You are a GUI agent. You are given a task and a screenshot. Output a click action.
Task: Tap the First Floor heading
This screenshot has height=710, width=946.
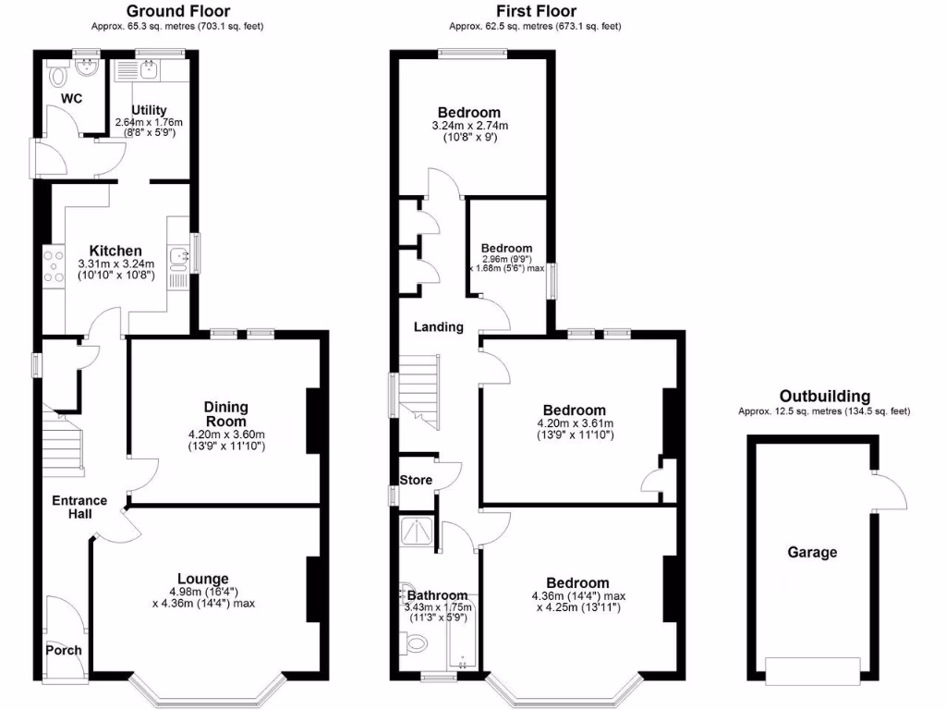click(x=535, y=11)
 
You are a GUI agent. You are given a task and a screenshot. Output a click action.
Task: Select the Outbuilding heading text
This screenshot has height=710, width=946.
click(x=823, y=396)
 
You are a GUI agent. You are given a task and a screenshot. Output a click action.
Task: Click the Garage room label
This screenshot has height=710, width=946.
click(x=812, y=553)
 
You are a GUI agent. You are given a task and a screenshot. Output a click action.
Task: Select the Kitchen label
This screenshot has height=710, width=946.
click(x=115, y=251)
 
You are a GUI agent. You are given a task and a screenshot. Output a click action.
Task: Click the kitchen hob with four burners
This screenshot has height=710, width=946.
click(x=52, y=267)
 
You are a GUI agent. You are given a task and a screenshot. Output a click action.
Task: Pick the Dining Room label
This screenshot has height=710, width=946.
click(x=225, y=413)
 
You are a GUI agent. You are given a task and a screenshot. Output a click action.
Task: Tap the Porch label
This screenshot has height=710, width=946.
click(x=64, y=650)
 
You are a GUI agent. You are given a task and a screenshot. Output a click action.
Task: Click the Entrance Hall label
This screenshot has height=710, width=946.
click(x=79, y=508)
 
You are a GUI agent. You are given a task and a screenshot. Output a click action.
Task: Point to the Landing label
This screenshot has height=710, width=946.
click(x=438, y=326)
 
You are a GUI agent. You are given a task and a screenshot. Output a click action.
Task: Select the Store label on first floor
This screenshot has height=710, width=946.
click(x=416, y=480)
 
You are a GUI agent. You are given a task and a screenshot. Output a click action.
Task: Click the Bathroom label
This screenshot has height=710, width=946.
click(x=438, y=594)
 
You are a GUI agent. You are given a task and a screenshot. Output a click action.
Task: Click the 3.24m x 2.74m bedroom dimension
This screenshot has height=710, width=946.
click(x=469, y=126)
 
